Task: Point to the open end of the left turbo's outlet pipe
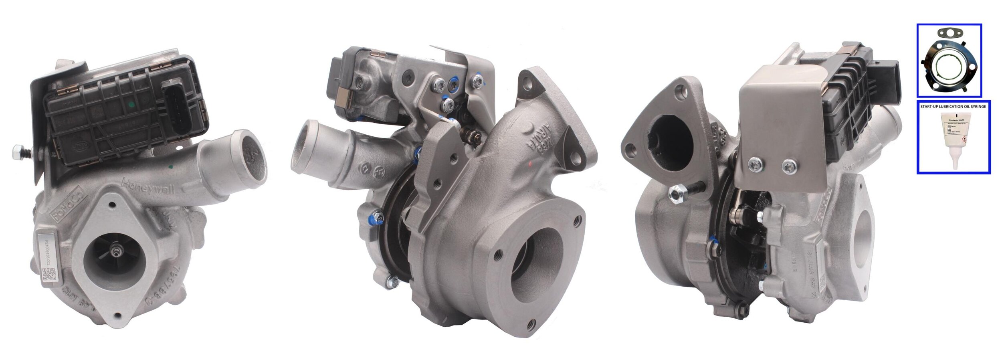point(253,156)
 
